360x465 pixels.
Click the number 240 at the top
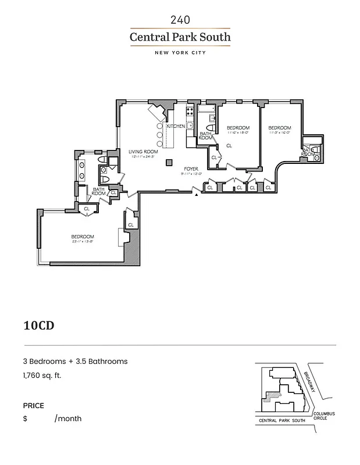tap(180, 20)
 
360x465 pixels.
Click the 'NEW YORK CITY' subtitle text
tap(180, 53)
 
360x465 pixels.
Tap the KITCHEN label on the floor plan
tap(176, 126)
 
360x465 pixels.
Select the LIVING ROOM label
tap(143, 152)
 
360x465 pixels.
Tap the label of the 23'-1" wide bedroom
tap(82, 237)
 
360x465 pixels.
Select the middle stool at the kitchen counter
tap(160, 135)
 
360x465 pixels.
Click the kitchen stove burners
tap(189, 110)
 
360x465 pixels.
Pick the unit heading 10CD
tap(39, 325)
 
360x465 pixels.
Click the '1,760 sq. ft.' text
tap(42, 375)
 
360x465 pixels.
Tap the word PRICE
tap(34, 406)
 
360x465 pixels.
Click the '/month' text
tap(68, 419)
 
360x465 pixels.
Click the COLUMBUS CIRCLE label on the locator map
tap(324, 416)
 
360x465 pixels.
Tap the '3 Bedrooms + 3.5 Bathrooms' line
tap(75, 361)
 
